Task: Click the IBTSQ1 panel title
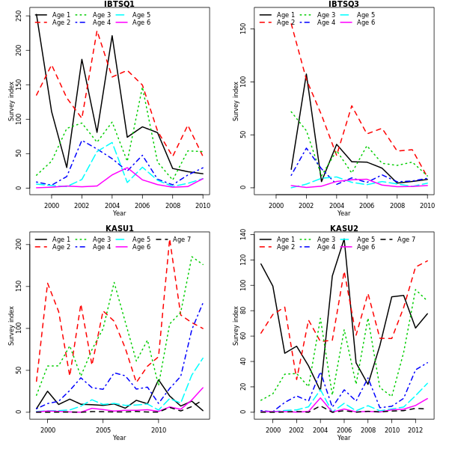[119, 4]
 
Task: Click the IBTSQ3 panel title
[343, 4]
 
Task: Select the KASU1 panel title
[119, 229]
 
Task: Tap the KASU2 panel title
[343, 229]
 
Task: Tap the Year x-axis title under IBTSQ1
[119, 213]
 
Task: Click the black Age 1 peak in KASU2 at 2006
[343, 240]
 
